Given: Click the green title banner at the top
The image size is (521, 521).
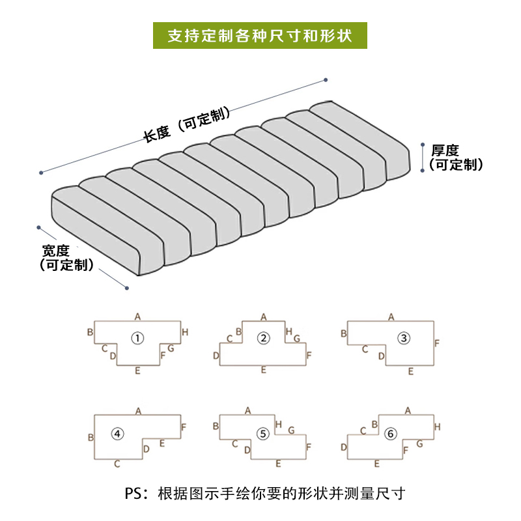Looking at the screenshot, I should [x=260, y=35].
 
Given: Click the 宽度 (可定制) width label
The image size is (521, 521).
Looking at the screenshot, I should [x=66, y=257].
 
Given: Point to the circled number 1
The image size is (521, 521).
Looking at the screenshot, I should [x=137, y=337].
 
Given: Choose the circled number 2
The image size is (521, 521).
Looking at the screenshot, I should [x=263, y=337].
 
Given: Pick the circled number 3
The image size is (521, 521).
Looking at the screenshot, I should [x=404, y=337].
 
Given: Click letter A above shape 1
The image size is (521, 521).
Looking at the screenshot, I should [x=137, y=317].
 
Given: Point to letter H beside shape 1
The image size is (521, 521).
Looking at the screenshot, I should [x=185, y=332].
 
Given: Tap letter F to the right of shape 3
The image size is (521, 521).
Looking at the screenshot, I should [x=438, y=343].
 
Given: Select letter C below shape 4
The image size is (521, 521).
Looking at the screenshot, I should [x=117, y=464].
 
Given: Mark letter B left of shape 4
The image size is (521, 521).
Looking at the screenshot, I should [x=90, y=438].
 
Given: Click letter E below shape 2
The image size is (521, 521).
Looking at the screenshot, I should [x=263, y=369].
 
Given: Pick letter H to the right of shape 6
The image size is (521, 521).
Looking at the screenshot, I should [x=438, y=427].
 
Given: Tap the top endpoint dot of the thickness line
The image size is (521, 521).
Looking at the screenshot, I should [x=424, y=145].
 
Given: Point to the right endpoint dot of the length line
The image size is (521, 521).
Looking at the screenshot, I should [x=325, y=81].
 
